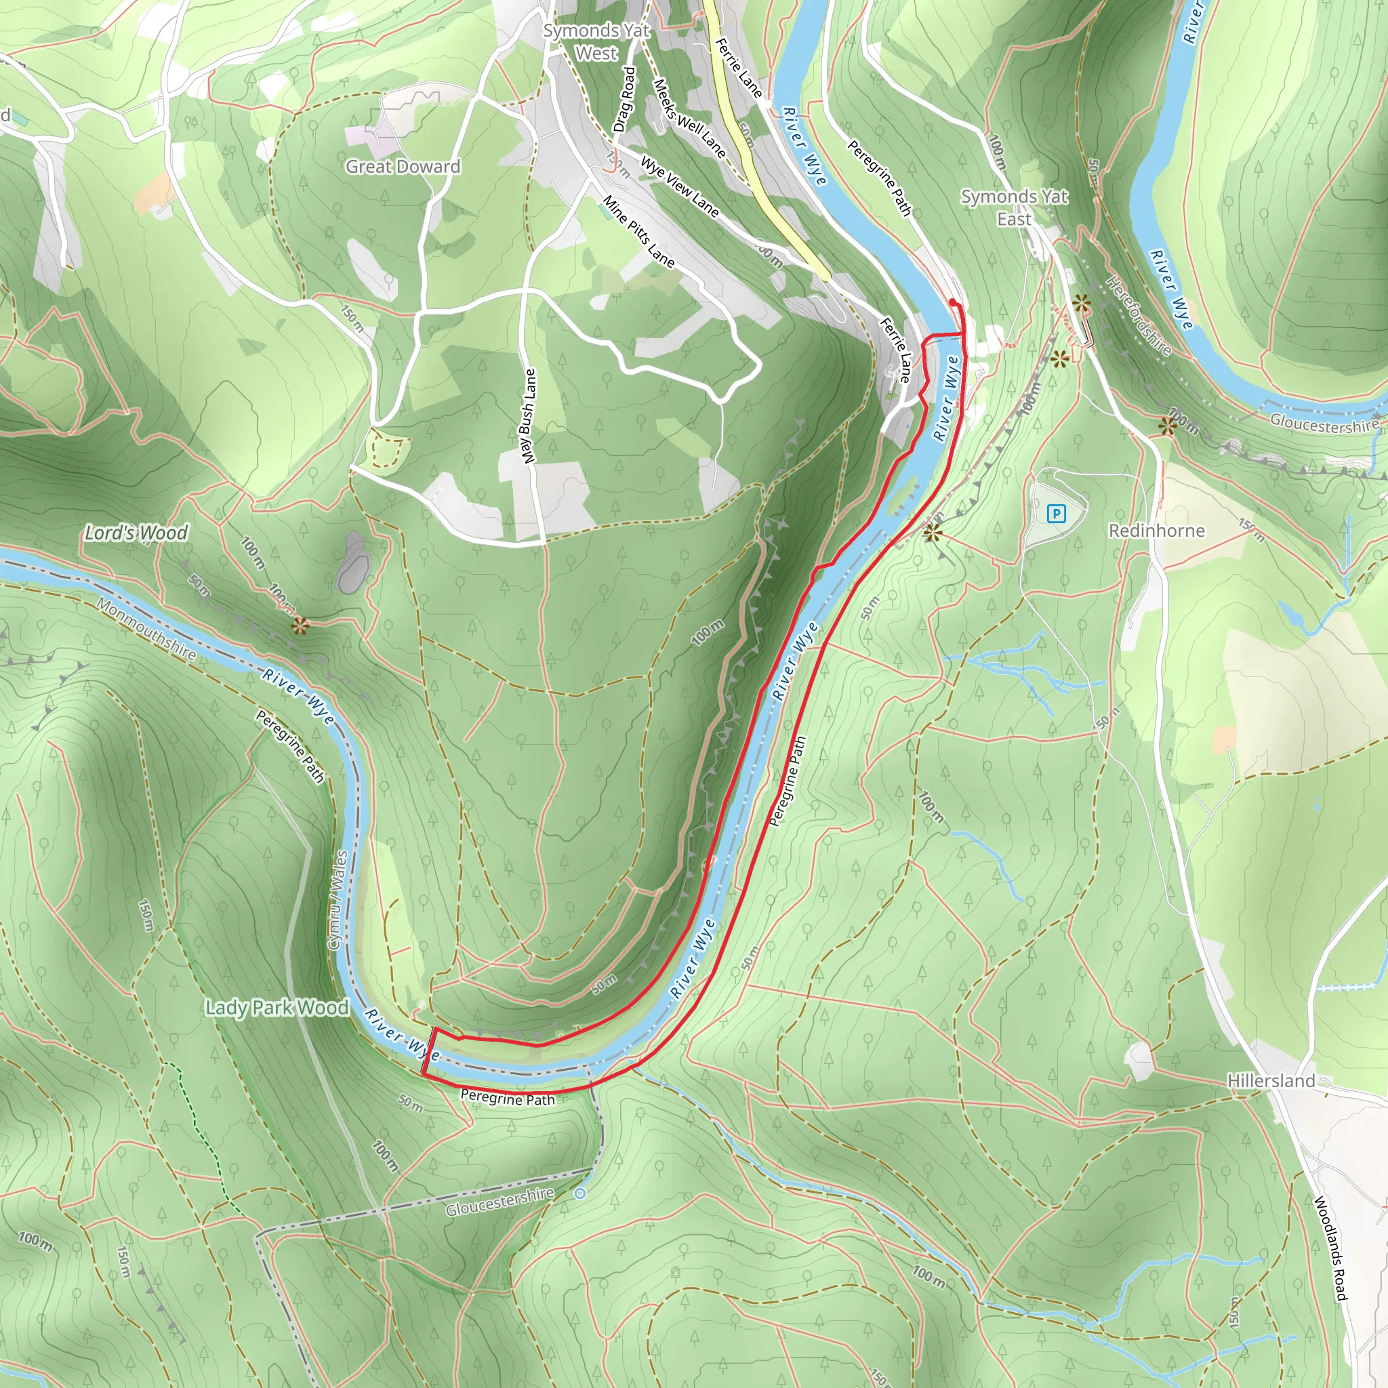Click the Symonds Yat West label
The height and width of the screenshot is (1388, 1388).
[x=596, y=41]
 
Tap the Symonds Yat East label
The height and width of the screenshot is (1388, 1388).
[x=1014, y=207]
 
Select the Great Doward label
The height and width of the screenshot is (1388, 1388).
[x=403, y=167]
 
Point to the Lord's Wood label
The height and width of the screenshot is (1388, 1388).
[x=136, y=532]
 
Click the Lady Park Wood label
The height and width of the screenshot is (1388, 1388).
[x=277, y=1007]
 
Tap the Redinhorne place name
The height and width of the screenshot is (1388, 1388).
[x=1156, y=531]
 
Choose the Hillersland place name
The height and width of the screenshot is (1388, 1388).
[x=1271, y=1080]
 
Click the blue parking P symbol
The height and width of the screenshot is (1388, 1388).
[x=1056, y=514]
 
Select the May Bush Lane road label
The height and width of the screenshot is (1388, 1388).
[x=529, y=416]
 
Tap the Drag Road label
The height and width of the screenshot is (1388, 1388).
[x=624, y=99]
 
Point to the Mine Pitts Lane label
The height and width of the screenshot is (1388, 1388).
[x=638, y=231]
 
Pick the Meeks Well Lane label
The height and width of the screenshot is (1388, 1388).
[x=689, y=119]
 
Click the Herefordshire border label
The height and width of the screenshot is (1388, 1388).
[x=1139, y=316]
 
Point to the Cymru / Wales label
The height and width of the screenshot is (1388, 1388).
[x=337, y=900]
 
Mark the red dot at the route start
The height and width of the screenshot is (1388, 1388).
[x=953, y=302]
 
